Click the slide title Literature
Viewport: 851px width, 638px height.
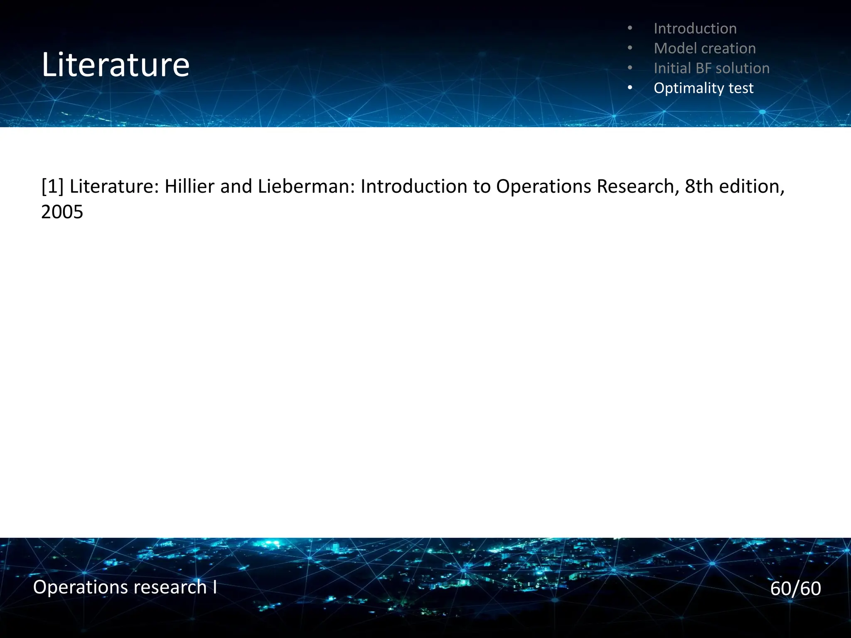tap(116, 65)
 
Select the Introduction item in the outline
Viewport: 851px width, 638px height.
tap(695, 29)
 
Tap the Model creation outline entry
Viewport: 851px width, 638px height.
tap(704, 49)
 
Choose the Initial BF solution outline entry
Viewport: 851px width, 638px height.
tap(711, 68)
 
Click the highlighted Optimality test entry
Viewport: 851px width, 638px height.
tap(703, 88)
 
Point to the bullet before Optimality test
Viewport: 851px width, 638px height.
tap(630, 88)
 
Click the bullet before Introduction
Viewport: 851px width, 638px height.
tap(630, 29)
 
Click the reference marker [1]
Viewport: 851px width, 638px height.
tap(52, 186)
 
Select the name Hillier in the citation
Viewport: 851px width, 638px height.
tap(189, 186)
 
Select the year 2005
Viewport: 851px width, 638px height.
tap(62, 212)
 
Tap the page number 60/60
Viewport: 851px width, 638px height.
tap(795, 589)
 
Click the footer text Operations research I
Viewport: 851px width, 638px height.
tap(125, 587)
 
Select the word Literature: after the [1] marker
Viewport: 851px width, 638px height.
tap(114, 186)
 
